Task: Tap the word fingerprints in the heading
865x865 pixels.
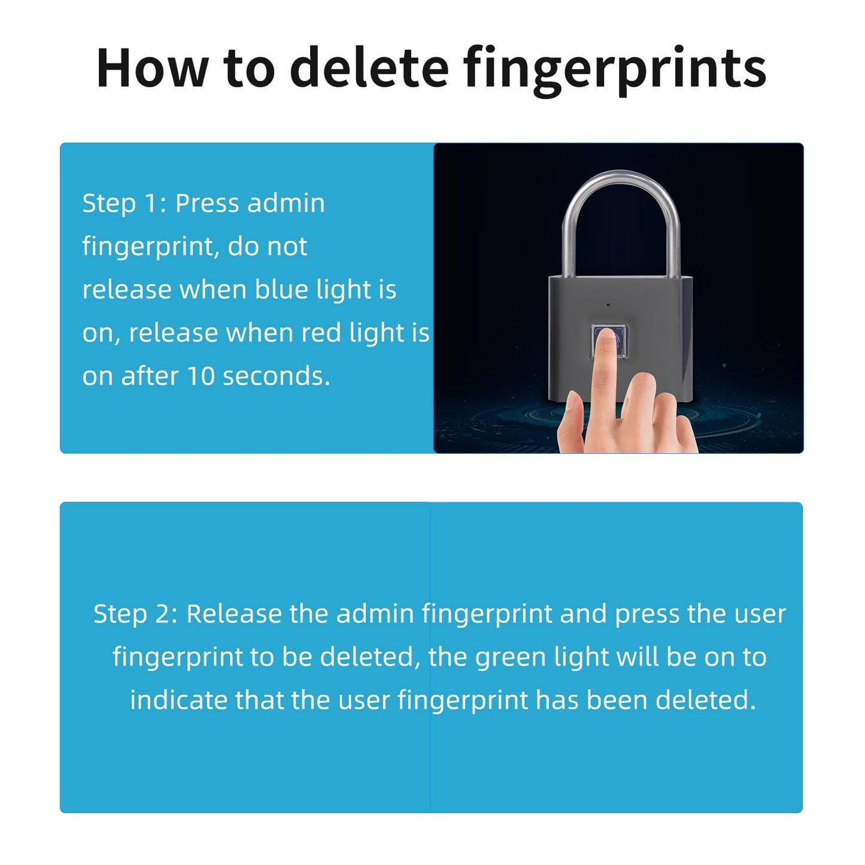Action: (x=615, y=71)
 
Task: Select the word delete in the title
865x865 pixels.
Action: (x=369, y=67)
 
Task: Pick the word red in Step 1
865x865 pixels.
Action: (x=321, y=333)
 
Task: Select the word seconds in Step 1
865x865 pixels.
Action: (x=276, y=376)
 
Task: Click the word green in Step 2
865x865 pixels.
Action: (x=511, y=658)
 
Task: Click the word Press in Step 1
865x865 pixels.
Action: (x=207, y=204)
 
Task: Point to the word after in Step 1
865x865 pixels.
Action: (x=150, y=376)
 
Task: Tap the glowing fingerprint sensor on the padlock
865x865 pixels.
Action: (x=609, y=341)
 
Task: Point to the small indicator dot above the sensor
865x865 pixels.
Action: (x=608, y=305)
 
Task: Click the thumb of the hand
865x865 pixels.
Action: (x=570, y=420)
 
